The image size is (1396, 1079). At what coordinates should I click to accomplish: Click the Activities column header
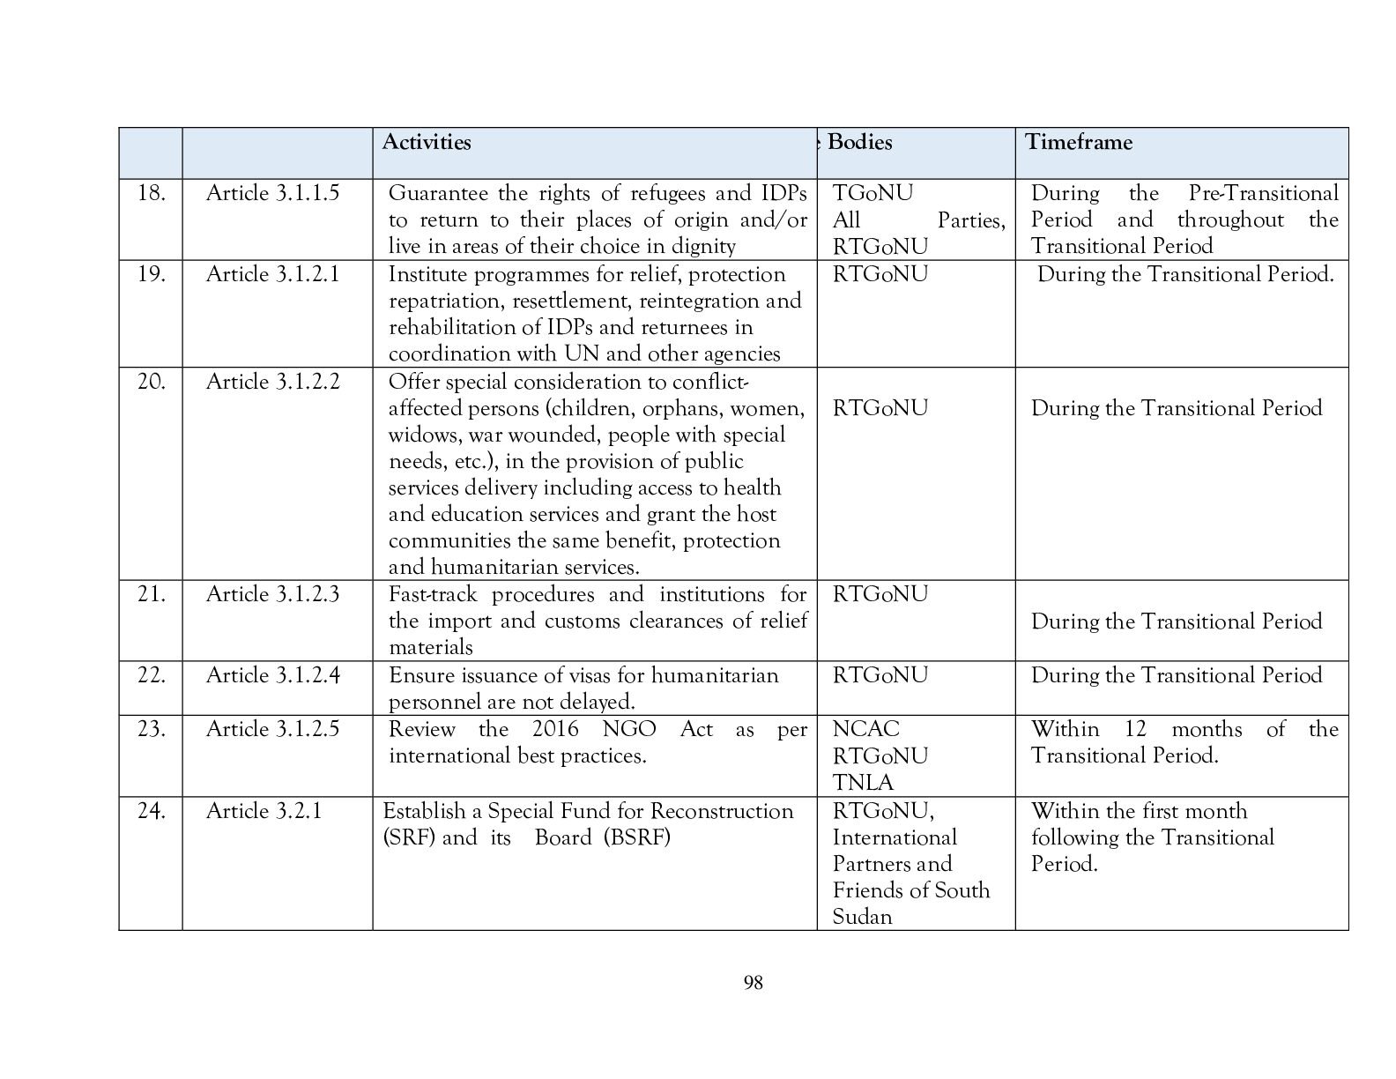click(427, 143)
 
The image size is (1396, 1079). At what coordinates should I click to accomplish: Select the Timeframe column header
click(1079, 143)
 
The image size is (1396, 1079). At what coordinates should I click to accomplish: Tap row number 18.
click(152, 193)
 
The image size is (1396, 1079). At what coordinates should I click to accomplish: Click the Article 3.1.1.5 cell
click(272, 193)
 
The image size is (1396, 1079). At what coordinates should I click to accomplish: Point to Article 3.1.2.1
click(272, 274)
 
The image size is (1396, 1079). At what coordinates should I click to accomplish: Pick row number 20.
click(152, 382)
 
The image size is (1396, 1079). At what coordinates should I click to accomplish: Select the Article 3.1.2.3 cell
click(272, 594)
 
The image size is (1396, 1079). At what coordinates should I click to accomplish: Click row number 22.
click(152, 675)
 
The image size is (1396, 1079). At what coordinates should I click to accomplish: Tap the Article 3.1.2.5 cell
click(272, 729)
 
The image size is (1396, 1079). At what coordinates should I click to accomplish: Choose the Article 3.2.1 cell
click(264, 811)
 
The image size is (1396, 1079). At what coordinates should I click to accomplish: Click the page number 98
click(753, 983)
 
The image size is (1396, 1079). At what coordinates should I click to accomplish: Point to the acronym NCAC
click(866, 729)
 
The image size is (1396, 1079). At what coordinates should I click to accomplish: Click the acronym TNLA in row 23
click(863, 783)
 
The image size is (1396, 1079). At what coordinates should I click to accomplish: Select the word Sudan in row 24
click(863, 917)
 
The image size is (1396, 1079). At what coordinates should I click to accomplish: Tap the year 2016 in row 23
click(555, 729)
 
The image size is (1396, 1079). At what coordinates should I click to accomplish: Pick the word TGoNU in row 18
click(873, 193)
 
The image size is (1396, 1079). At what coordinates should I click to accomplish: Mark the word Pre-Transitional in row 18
click(1263, 193)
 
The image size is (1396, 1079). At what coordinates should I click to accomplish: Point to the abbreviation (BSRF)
click(637, 837)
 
